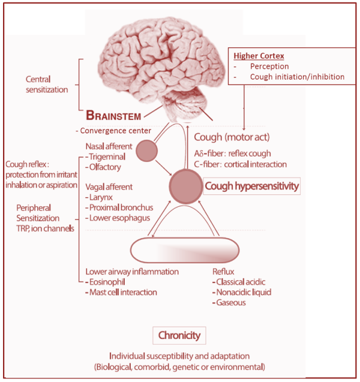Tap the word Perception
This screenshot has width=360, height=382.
269,66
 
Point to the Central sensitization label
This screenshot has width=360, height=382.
46,85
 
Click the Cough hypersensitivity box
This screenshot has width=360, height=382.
251,187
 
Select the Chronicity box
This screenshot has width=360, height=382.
179,335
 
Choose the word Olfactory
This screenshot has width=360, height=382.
107,167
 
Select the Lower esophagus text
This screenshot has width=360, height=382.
119,218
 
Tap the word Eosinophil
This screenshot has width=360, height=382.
108,282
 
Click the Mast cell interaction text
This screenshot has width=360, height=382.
122,292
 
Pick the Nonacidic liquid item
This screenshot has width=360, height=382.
244,292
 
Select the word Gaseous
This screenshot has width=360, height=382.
233,303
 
